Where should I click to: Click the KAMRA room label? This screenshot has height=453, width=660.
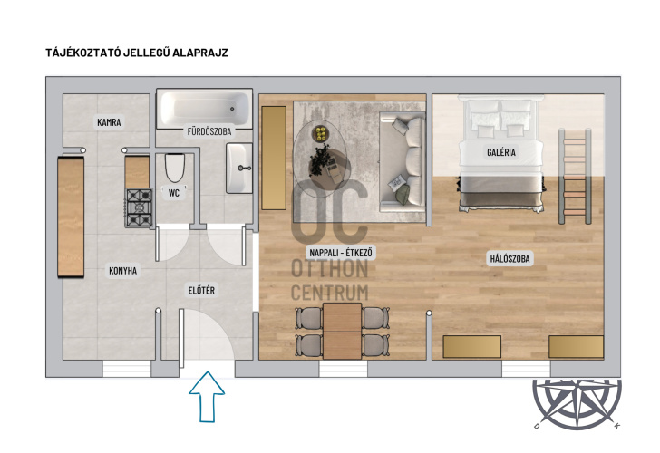[109, 122]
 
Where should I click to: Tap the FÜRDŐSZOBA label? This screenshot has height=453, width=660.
[209, 131]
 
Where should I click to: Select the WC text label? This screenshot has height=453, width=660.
[174, 193]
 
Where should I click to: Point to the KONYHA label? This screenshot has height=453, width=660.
[123, 271]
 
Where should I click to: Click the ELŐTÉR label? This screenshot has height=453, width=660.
[201, 290]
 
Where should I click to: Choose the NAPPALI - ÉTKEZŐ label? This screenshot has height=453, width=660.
[341, 253]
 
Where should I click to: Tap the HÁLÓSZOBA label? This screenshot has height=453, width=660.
[510, 258]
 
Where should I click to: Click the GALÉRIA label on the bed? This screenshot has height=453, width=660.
[501, 152]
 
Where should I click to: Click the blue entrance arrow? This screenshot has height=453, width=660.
[207, 397]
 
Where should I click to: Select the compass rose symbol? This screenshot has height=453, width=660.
[577, 404]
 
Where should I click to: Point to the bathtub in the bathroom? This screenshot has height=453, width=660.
[205, 109]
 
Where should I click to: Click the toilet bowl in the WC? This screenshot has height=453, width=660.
[175, 168]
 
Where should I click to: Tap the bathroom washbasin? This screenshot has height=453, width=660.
[239, 168]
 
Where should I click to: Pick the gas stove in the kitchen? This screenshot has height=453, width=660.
[139, 208]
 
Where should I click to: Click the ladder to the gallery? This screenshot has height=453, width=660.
[575, 177]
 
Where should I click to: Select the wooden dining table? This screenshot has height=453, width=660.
[342, 331]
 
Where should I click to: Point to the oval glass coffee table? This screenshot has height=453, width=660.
[320, 159]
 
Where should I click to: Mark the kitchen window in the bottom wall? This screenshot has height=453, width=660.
[127, 369]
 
